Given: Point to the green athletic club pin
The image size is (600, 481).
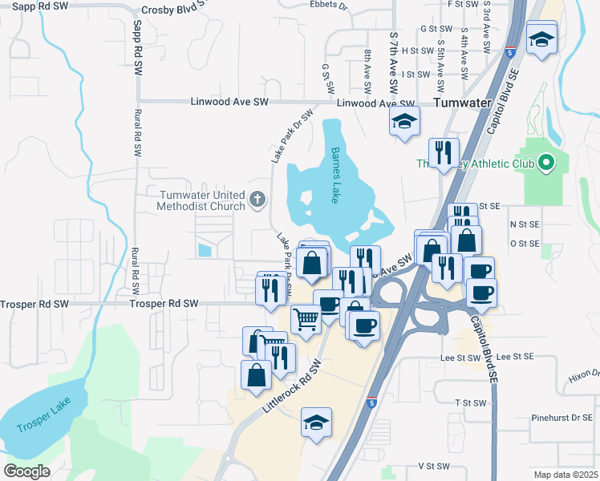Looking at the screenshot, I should pos(548,164).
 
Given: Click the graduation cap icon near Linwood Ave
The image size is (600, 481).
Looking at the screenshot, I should pos(404,123).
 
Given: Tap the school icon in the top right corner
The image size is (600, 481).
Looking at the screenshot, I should pos(541,38).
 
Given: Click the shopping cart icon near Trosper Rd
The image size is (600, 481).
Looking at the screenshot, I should pos(306,318).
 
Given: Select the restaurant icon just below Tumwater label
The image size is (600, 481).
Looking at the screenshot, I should pos(443,152).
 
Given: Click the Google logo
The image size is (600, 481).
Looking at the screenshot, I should pos(26,471).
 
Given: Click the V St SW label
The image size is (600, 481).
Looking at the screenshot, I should pos(433,466).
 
